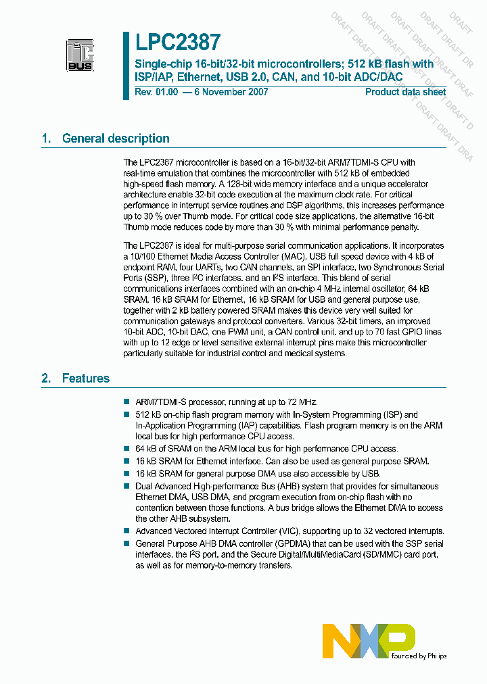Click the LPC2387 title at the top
point(177,43)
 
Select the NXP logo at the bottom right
point(369,641)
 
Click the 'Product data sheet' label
point(405,92)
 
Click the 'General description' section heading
point(116,139)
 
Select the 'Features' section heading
point(85,378)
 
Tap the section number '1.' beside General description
point(46,139)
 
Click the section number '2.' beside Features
point(46,378)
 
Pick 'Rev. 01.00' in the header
point(155,92)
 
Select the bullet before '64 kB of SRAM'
point(126,449)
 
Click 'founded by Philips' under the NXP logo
point(419,656)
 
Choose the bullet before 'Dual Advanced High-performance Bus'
point(126,487)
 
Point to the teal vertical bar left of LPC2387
point(126,66)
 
